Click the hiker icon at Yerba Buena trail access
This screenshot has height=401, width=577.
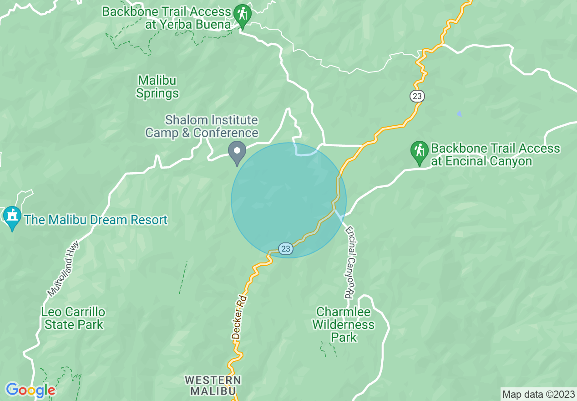pos(243,14)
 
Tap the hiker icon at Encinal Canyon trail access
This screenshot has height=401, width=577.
pos(419,151)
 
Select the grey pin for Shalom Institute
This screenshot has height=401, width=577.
pos(237,151)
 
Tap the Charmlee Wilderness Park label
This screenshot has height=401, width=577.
pos(345,324)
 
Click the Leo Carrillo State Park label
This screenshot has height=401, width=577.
pos(73,319)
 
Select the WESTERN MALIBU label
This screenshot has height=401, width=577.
pos(213,386)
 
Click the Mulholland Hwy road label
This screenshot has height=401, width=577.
pos(63,269)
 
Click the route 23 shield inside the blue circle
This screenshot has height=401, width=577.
pos(285,249)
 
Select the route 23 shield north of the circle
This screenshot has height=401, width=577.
pos(417,96)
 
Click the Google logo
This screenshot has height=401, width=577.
pos(30,390)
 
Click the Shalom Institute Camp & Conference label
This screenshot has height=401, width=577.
pos(202,127)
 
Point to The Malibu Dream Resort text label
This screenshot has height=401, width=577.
pos(96,220)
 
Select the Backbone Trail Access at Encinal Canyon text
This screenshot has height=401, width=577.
pos(496,155)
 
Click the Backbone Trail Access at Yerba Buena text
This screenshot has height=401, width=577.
pos(167,18)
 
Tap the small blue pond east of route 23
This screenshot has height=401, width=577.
pos(459,113)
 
